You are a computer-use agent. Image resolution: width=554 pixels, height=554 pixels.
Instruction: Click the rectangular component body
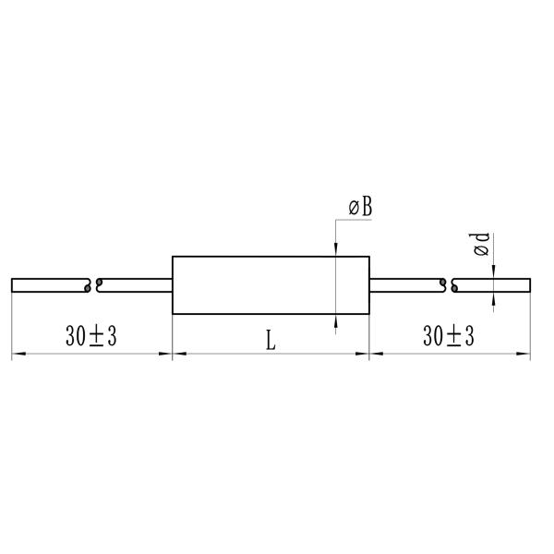click(x=271, y=285)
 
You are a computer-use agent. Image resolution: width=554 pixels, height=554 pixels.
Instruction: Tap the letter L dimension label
click(x=271, y=339)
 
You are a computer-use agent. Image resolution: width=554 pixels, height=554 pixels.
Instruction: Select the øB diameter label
click(x=360, y=209)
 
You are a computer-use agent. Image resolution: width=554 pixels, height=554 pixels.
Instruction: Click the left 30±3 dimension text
click(x=91, y=337)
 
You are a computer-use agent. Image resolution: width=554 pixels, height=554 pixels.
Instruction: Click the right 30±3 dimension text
click(x=449, y=337)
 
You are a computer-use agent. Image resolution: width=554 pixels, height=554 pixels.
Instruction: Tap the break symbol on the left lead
click(x=93, y=285)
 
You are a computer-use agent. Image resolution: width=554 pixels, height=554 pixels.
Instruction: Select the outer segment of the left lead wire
click(x=50, y=285)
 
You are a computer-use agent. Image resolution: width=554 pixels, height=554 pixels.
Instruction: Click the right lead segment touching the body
click(x=406, y=285)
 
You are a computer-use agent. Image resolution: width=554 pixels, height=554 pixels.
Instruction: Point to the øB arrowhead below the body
click(x=335, y=321)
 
